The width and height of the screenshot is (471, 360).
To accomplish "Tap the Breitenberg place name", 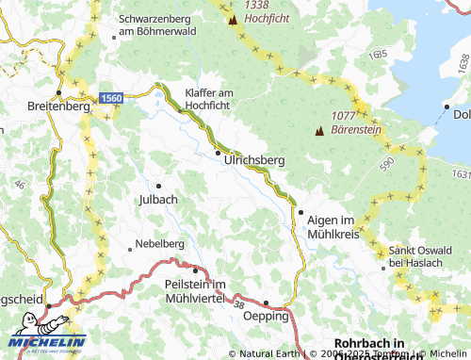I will click(x=58, y=106).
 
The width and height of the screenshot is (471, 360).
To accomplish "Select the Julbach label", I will click(x=157, y=200).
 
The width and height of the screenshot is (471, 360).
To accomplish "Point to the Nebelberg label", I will click(x=159, y=243).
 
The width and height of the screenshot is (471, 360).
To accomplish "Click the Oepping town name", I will click(x=267, y=317).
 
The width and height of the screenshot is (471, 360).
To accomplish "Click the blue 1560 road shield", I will click(x=111, y=97).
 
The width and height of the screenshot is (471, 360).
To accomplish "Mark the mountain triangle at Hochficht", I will click(x=233, y=19).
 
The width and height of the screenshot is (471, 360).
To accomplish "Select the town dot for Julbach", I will click(x=158, y=186).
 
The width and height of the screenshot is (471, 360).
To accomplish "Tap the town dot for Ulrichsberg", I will click(x=218, y=153).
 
